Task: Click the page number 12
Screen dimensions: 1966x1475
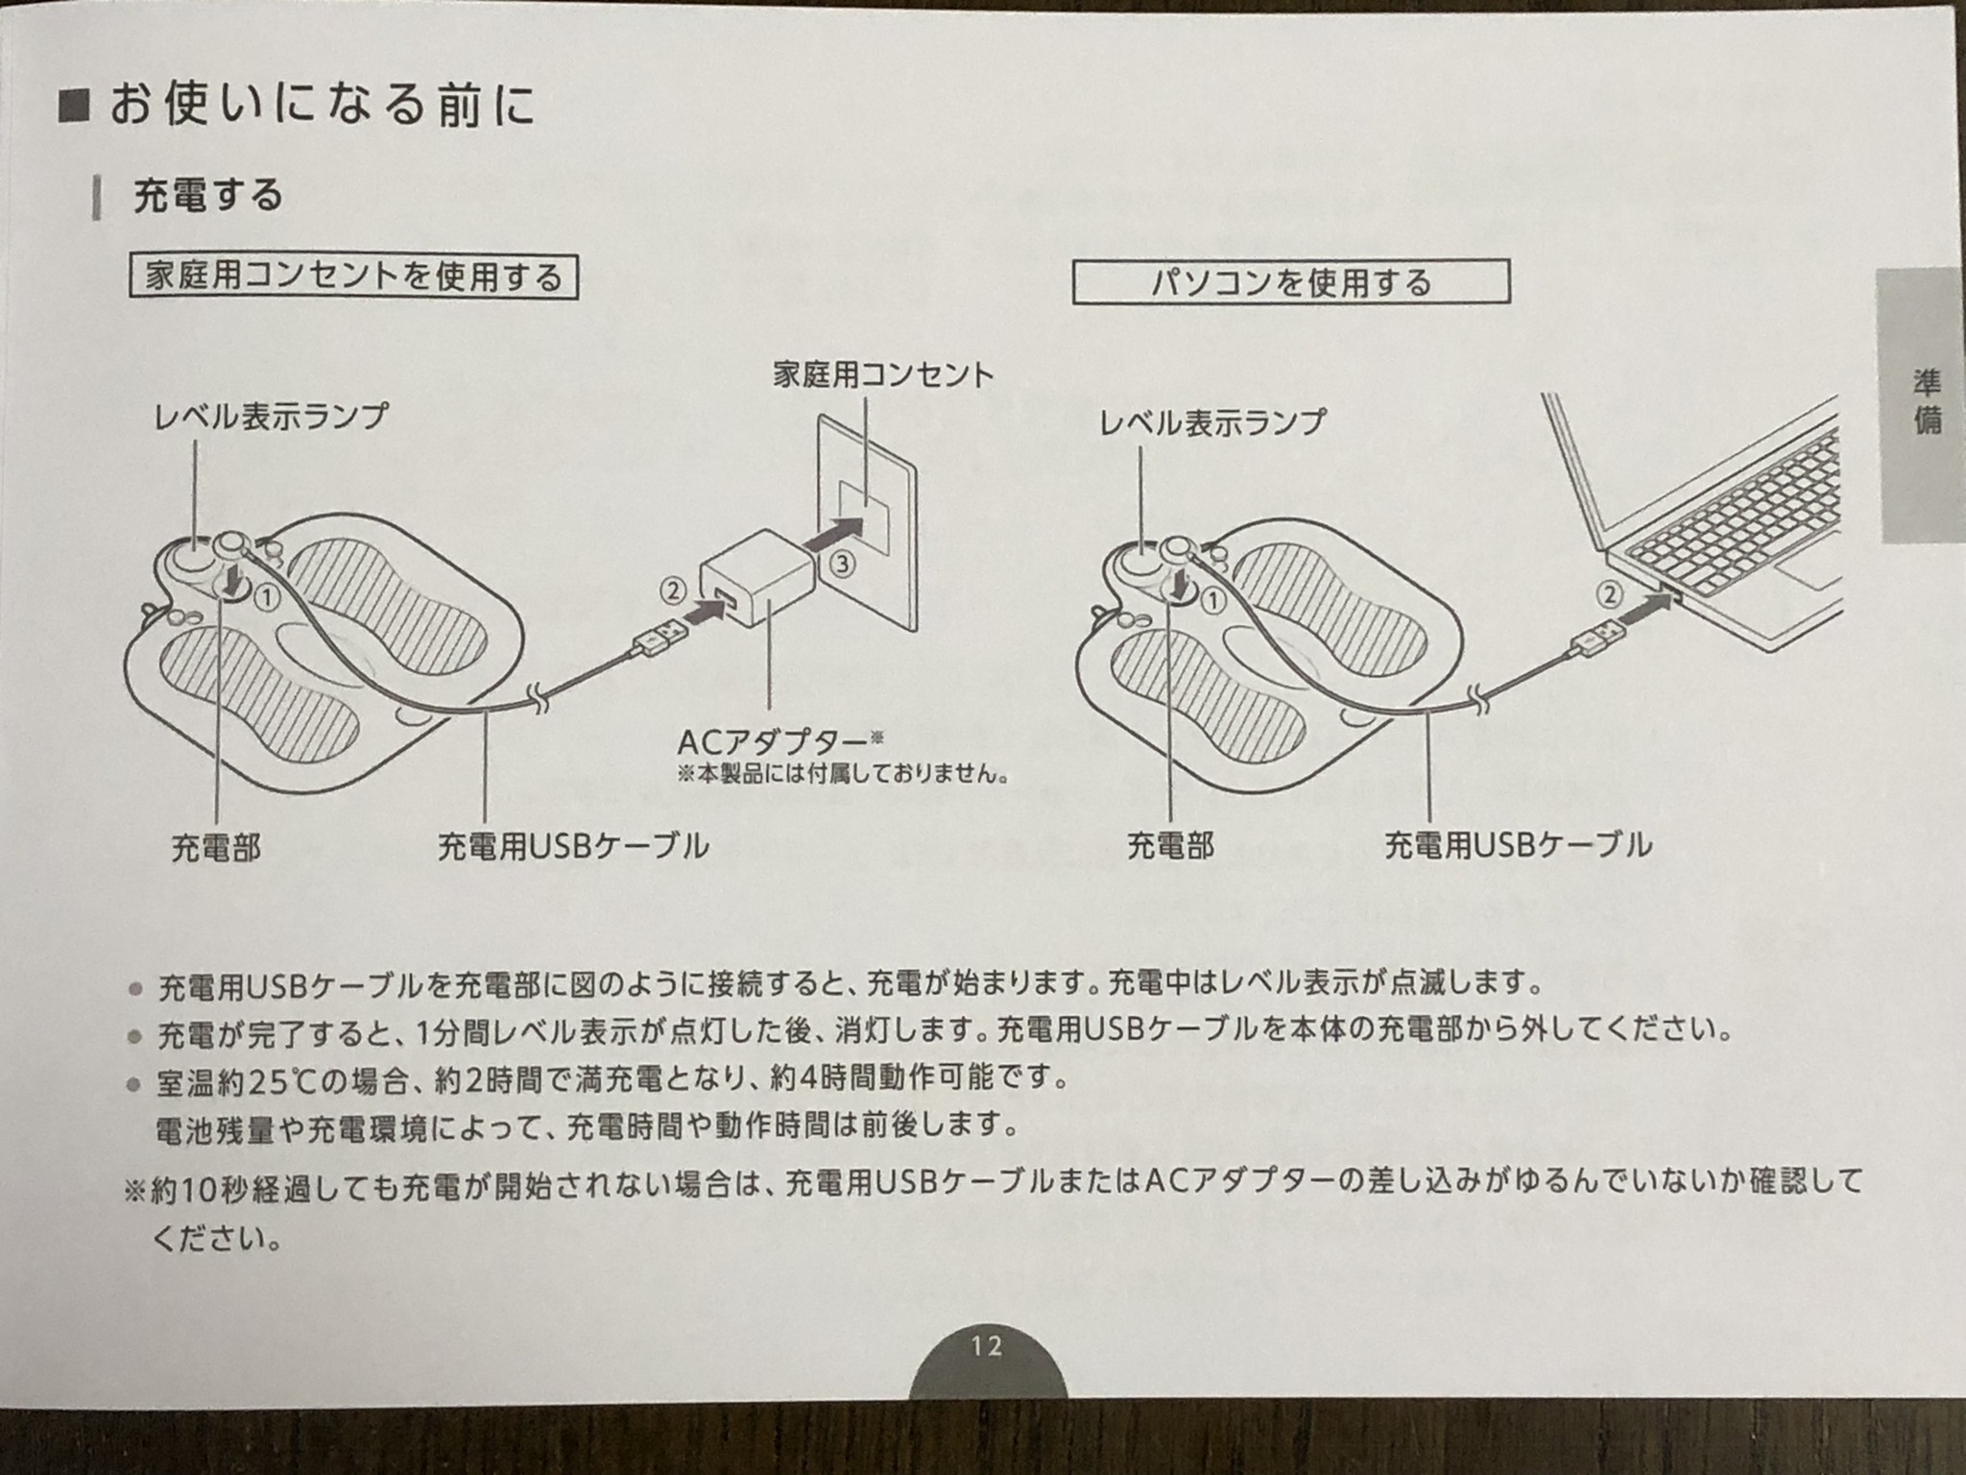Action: tap(986, 1345)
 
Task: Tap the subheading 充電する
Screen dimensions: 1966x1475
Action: tap(208, 195)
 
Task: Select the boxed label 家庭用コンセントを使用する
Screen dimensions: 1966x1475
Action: tap(353, 278)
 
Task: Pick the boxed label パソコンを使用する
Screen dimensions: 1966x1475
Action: tap(1290, 282)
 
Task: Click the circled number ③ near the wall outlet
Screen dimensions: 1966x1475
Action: tap(842, 565)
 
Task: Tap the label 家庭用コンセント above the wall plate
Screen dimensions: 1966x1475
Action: tap(883, 375)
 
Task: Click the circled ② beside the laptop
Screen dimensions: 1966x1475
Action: tap(1610, 595)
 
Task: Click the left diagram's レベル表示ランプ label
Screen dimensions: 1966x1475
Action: tap(271, 416)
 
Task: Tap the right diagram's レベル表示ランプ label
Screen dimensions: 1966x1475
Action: tap(1211, 422)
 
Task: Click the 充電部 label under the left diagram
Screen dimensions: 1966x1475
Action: tap(216, 848)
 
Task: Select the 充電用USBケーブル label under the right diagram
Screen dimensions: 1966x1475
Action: tap(1519, 845)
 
